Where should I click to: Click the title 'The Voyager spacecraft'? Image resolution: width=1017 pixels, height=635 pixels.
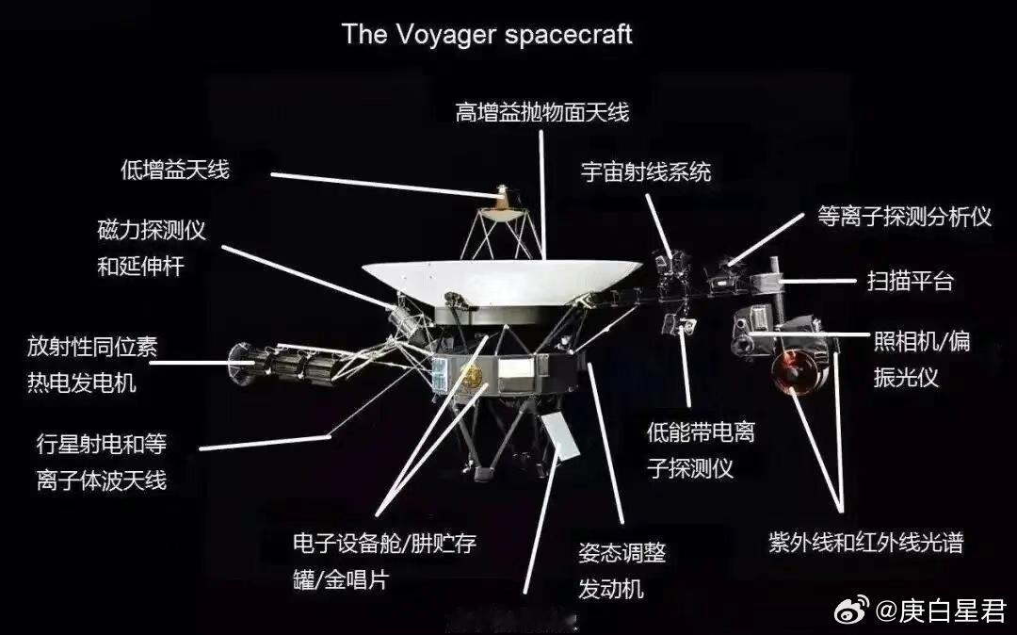(487, 35)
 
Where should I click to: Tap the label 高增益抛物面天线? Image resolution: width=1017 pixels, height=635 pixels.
(541, 113)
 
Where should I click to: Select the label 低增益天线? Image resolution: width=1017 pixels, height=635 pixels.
(175, 170)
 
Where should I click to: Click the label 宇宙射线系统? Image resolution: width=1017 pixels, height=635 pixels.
(645, 171)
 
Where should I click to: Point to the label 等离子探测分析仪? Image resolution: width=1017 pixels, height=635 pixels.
(904, 217)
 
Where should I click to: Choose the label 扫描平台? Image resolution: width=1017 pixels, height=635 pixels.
(910, 280)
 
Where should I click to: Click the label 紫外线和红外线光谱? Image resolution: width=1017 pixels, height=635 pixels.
(865, 542)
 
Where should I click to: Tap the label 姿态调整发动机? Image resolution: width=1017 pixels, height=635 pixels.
(621, 571)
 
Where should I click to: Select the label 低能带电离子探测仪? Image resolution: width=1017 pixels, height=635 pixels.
(701, 450)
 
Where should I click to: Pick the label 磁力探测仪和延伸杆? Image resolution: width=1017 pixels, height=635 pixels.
(151, 248)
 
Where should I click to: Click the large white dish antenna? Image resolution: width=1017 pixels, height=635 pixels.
(501, 278)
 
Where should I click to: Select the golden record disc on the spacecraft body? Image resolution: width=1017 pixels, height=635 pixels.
(470, 376)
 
